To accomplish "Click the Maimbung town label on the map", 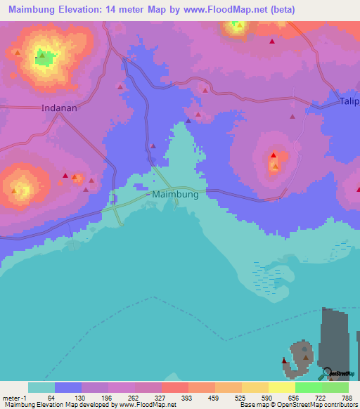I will tap(176, 195).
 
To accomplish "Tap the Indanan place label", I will tap(59, 109).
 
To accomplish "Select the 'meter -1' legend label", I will tap(15, 398).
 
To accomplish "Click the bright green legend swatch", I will tap(308, 387).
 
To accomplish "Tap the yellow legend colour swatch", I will tap(281, 387).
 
